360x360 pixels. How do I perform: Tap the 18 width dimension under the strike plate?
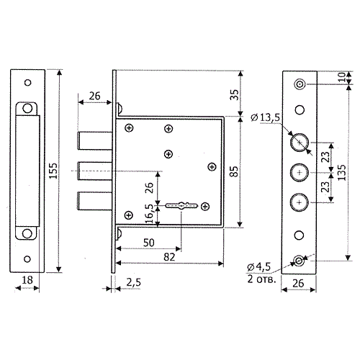[27, 280]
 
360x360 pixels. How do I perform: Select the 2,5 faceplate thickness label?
[133, 282]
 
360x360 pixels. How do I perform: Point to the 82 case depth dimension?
[169, 257]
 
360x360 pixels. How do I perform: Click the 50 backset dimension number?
[148, 243]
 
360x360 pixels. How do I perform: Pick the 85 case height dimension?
[234, 171]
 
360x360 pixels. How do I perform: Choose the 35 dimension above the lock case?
[234, 95]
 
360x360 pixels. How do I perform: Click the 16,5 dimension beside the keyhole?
[149, 214]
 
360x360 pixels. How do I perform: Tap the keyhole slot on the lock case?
[181, 206]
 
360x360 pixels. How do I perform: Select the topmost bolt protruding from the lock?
[94, 140]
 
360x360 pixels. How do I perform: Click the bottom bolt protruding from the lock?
[94, 201]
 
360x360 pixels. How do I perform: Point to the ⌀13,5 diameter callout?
[265, 117]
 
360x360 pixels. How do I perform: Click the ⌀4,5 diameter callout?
[259, 267]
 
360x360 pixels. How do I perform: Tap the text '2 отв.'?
[261, 279]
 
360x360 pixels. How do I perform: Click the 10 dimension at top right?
[342, 77]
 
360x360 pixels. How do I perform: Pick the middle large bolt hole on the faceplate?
[300, 172]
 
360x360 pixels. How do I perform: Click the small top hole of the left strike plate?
[28, 83]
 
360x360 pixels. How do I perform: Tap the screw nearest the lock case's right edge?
[212, 166]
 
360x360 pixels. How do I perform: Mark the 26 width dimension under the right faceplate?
[298, 284]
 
